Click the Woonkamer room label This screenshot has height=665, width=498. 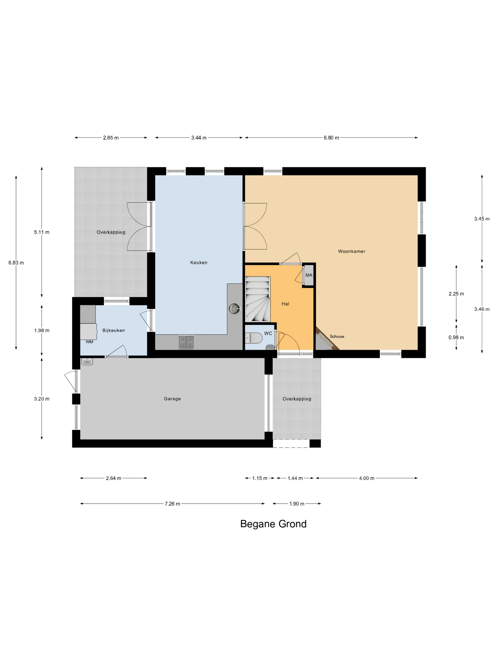point(351,251)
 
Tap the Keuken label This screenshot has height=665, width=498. point(199,262)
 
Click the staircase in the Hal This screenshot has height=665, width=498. point(258,299)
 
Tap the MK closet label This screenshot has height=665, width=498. point(309,275)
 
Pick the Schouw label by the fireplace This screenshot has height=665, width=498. point(337,336)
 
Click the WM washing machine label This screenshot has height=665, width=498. point(89,342)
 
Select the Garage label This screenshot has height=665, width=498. point(172,399)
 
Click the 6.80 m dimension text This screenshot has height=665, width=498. point(331,138)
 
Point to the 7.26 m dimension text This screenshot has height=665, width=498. point(172,503)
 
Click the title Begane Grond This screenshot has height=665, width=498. point(273,524)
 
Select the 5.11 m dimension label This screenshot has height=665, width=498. point(42,232)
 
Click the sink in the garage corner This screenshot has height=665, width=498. point(87,361)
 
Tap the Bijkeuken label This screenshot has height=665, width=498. point(113,330)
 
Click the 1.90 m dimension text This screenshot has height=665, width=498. point(297,503)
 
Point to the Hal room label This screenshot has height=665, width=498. point(285,304)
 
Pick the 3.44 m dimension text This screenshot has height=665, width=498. point(199,138)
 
